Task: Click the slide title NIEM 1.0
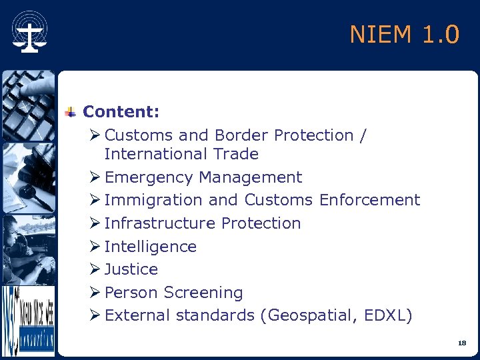(x=405, y=34)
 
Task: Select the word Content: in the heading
(x=121, y=111)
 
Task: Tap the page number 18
(x=462, y=343)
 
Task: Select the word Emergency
(x=149, y=177)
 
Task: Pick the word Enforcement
(x=369, y=200)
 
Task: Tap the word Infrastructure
(x=160, y=223)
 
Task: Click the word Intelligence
(x=150, y=247)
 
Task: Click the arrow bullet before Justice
(x=95, y=269)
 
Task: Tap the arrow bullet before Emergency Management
(x=95, y=177)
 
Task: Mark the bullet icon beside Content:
(x=70, y=112)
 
